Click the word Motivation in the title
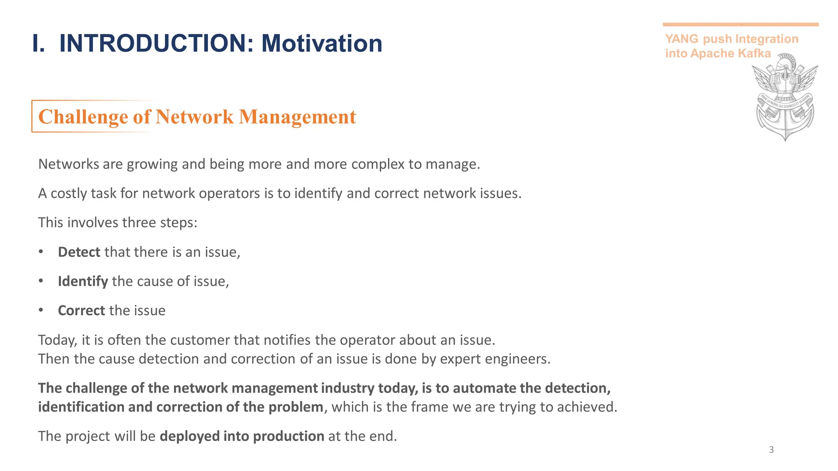pyautogui.click(x=322, y=43)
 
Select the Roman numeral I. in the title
pyautogui.click(x=38, y=43)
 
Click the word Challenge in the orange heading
pyautogui.click(x=83, y=117)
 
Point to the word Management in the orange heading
pyautogui.click(x=297, y=117)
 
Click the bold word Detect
pyautogui.click(x=79, y=252)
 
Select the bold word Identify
pyautogui.click(x=83, y=281)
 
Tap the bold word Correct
pyautogui.click(x=81, y=311)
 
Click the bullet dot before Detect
pyautogui.click(x=41, y=252)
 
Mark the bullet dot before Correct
pyautogui.click(x=41, y=310)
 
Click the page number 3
pyautogui.click(x=771, y=450)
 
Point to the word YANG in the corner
pyautogui.click(x=682, y=39)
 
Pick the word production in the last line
pyautogui.click(x=288, y=436)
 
